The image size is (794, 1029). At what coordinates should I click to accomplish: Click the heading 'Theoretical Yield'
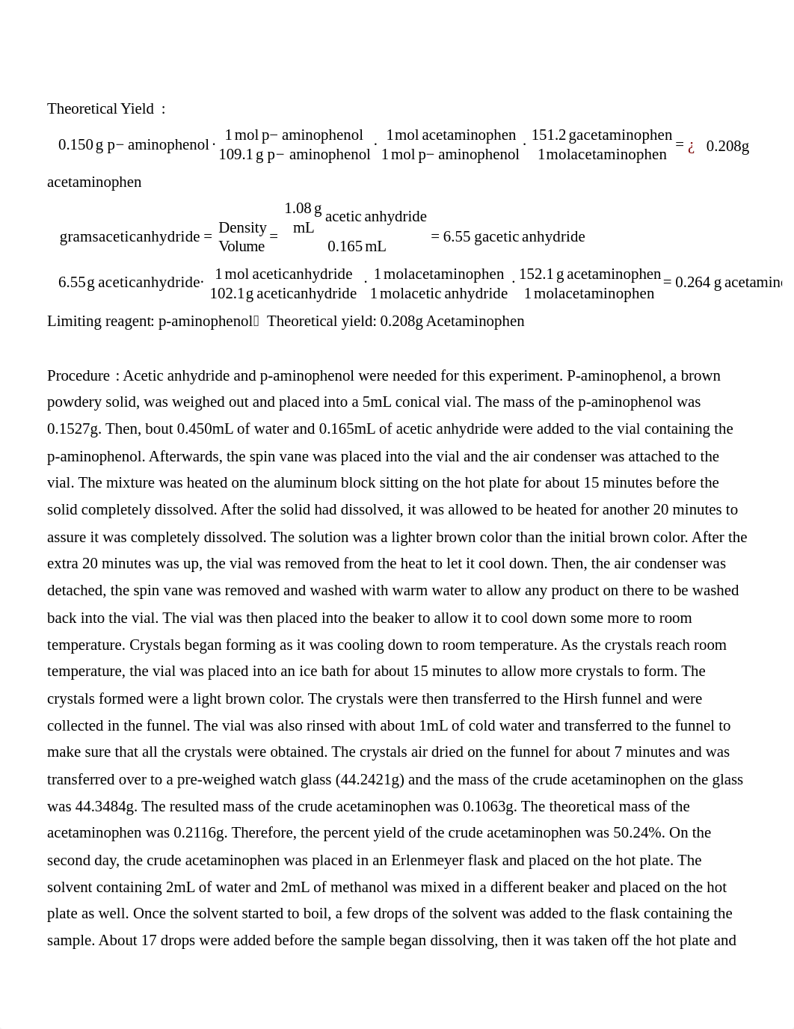100,109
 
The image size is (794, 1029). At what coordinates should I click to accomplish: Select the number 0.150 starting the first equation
76,145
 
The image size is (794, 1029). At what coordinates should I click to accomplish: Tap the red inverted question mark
691,147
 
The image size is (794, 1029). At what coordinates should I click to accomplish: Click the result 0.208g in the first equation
727,147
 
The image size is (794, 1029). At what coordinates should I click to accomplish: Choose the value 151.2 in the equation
549,135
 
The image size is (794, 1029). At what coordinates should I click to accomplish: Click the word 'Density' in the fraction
242,227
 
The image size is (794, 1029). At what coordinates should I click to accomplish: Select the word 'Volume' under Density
241,246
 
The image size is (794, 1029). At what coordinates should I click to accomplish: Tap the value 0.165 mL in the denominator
356,246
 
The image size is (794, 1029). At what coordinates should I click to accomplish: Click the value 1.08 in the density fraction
297,209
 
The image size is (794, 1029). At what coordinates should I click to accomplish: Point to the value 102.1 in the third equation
227,294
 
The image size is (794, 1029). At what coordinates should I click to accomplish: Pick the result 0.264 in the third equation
692,283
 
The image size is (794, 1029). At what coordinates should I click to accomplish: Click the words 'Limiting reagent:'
101,322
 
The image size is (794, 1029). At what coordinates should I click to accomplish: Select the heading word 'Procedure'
79,376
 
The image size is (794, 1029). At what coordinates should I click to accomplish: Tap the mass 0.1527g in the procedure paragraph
73,429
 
